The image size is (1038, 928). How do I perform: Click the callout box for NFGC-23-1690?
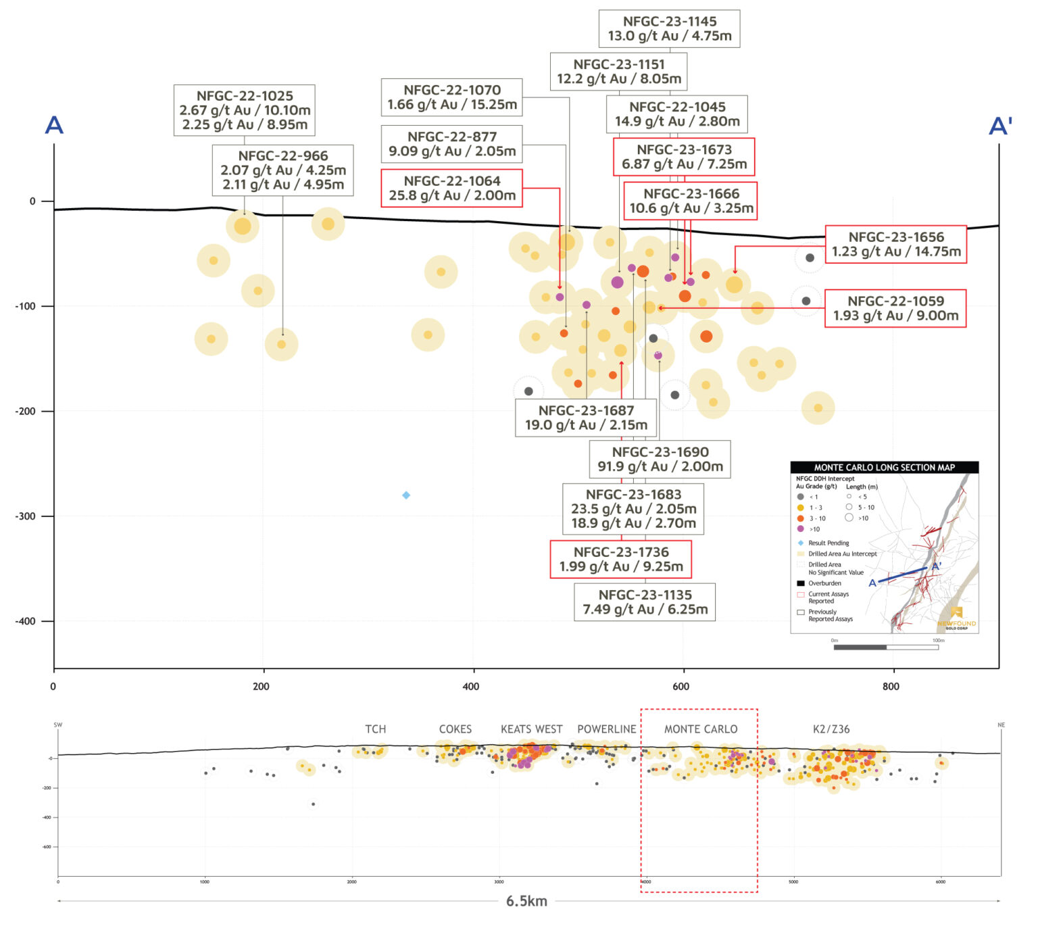click(x=660, y=459)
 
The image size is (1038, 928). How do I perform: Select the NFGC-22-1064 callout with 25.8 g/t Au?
click(x=452, y=188)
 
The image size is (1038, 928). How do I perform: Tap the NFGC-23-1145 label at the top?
click(x=669, y=28)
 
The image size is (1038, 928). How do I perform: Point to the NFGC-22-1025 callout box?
click(x=245, y=110)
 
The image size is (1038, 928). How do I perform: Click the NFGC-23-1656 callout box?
click(x=896, y=244)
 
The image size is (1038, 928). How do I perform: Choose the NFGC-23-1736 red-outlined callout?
click(x=621, y=559)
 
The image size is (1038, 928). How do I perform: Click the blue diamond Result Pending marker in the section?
click(x=406, y=495)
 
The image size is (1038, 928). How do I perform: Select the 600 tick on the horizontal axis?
click(x=681, y=687)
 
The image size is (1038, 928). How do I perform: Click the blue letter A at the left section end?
click(x=54, y=125)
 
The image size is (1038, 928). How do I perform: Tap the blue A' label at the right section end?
click(x=1000, y=126)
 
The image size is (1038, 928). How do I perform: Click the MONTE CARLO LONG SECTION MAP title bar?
click(x=884, y=467)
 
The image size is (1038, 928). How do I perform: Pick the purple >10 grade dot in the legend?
click(x=801, y=529)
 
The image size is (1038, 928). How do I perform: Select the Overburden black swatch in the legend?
click(x=801, y=583)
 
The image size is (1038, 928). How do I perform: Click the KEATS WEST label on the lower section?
click(x=531, y=729)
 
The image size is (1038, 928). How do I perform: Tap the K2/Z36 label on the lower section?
click(x=831, y=729)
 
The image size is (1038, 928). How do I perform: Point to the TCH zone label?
click(x=376, y=729)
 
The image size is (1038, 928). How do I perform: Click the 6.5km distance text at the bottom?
click(x=526, y=901)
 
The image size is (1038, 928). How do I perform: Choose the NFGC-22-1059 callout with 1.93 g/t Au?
click(x=895, y=308)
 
